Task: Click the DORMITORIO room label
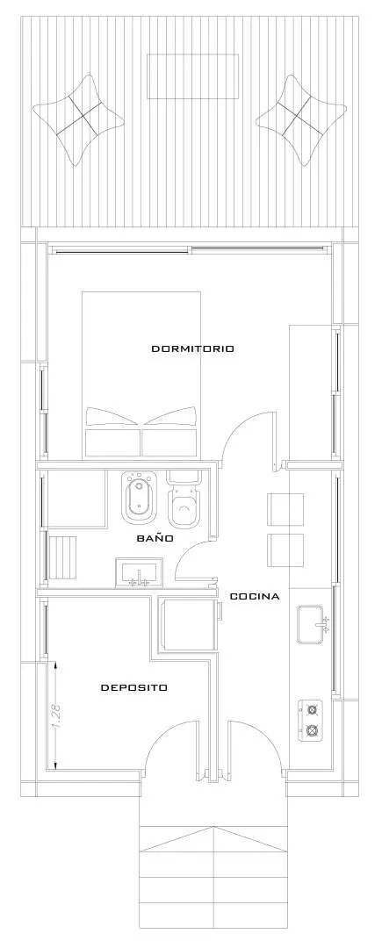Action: (192, 348)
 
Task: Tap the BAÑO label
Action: (155, 537)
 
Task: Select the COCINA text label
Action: (255, 597)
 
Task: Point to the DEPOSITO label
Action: (134, 687)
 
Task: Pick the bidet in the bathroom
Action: (138, 497)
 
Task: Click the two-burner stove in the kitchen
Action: (311, 719)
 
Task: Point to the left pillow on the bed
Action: (113, 419)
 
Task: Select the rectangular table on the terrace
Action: (192, 76)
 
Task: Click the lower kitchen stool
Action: (285, 549)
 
